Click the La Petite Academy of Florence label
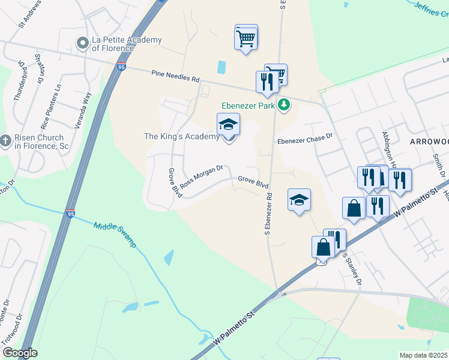tap(127, 44)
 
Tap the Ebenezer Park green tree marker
tap(284, 106)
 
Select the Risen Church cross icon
tap(5, 142)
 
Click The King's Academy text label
tap(182, 136)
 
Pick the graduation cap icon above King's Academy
tap(228, 125)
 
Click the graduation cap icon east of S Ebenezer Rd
tap(299, 200)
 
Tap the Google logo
tap(19, 353)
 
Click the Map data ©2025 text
tap(424, 355)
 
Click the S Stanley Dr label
tap(352, 268)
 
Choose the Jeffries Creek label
tap(432, 10)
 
